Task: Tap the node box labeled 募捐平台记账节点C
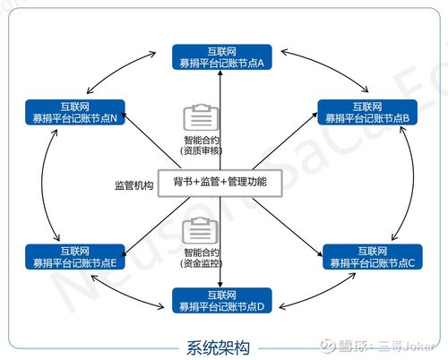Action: point(369,256)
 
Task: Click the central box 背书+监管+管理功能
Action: point(220,183)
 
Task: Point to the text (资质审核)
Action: point(198,150)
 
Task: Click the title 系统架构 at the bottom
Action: point(219,346)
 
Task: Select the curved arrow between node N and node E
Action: point(45,184)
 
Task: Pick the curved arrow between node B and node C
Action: point(411,184)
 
